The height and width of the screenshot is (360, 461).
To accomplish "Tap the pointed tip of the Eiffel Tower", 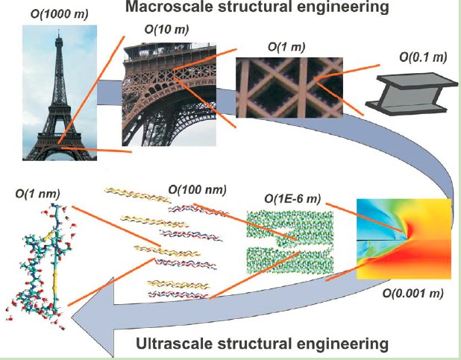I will [57, 34].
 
